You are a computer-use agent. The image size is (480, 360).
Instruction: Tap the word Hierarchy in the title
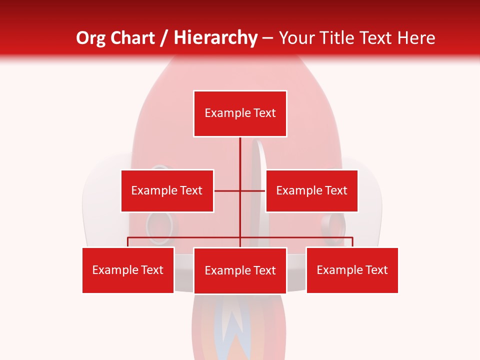coord(215,38)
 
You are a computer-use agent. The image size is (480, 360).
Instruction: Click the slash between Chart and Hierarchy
coord(164,38)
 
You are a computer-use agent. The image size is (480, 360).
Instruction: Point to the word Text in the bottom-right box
coord(376,270)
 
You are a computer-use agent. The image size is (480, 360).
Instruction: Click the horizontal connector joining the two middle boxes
coord(227,190)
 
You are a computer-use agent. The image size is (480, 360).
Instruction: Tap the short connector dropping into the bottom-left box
coord(128,242)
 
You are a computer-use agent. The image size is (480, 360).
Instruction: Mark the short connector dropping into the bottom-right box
coord(352,242)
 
